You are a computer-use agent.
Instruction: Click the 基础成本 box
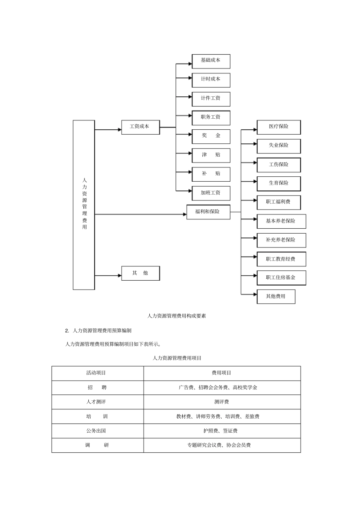211,61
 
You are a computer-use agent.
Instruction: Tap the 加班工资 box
211,193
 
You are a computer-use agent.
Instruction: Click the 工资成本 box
140,127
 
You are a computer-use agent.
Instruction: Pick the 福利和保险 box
208,212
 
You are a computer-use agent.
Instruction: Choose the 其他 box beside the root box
140,273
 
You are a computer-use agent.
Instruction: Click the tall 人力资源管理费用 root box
84,205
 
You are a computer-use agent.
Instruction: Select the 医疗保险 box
279,127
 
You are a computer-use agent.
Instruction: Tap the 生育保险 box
279,184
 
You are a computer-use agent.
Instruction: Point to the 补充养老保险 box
281,240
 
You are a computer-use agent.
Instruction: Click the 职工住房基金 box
281,278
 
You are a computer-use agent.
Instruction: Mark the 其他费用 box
275,297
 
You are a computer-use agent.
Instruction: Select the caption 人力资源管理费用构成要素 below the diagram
177,316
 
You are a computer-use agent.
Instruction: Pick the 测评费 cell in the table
222,402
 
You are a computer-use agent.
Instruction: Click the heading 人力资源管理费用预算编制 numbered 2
102,331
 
